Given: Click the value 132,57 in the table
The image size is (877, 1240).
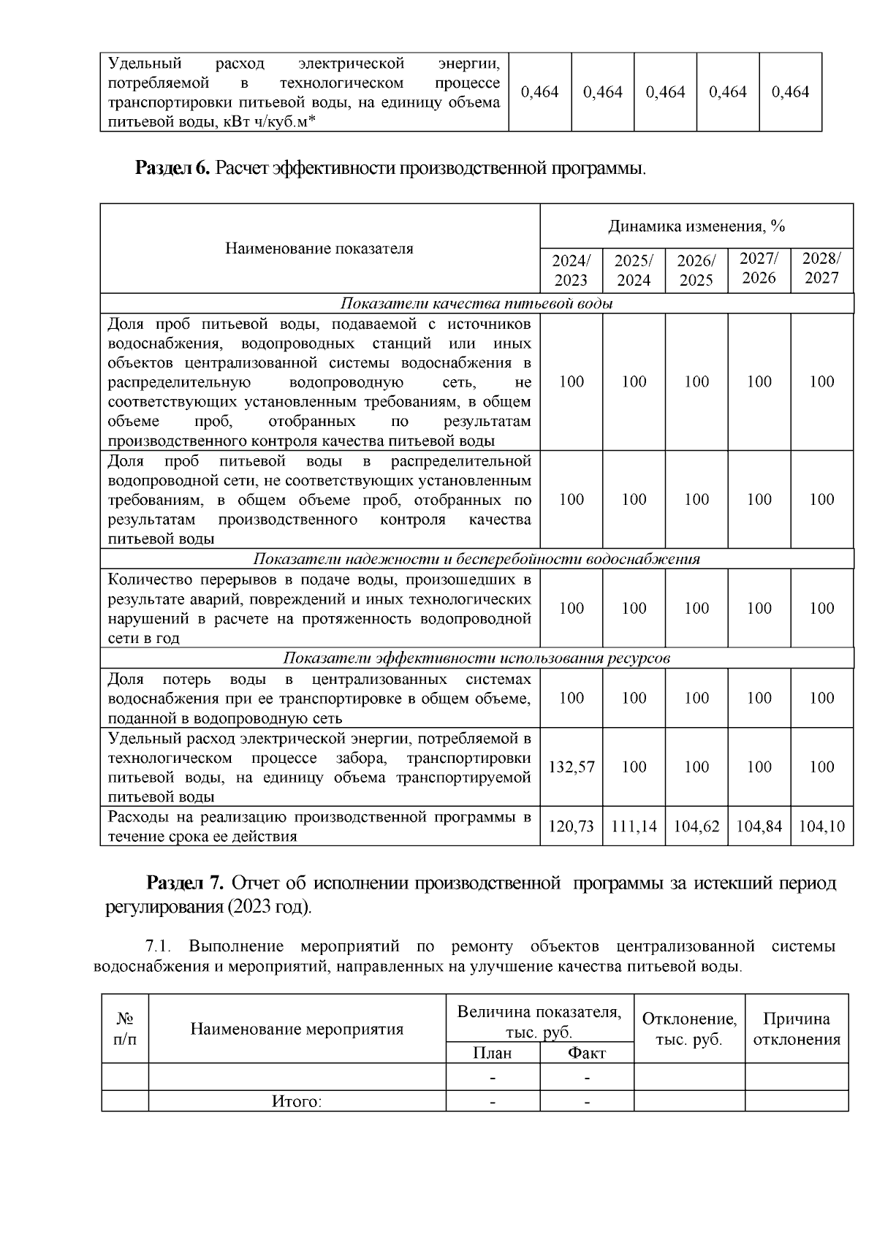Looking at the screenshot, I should (x=572, y=767).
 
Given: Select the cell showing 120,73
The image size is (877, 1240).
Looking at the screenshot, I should (x=572, y=826).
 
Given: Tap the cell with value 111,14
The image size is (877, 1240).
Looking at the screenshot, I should (x=634, y=826).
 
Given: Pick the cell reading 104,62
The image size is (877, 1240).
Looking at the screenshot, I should (x=696, y=826).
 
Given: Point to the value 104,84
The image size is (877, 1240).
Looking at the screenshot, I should (x=759, y=826).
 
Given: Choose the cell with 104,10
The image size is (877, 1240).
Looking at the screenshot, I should (x=821, y=826).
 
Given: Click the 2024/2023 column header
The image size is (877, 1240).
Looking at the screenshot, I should (x=571, y=270).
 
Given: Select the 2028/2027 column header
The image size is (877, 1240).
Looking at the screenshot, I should (x=821, y=268).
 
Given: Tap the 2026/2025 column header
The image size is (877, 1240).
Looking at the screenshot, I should (x=696, y=270).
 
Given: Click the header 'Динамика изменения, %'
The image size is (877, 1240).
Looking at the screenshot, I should (x=696, y=227).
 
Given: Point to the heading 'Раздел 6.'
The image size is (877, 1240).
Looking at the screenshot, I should (x=172, y=169).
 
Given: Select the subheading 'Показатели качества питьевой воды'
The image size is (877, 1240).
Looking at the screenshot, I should (x=477, y=303).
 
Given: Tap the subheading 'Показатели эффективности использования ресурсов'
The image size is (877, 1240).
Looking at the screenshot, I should (x=477, y=658).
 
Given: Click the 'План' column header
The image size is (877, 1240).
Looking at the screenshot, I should (x=493, y=1053).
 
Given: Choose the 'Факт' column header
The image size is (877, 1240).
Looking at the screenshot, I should (x=587, y=1053).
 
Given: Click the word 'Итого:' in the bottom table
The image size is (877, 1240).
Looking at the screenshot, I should (x=297, y=1101).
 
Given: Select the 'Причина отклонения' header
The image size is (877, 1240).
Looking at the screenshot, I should (x=797, y=1029).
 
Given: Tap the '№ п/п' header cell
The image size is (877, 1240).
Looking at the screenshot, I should (x=125, y=1027).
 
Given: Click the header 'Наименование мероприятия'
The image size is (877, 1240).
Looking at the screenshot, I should (x=297, y=1029).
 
